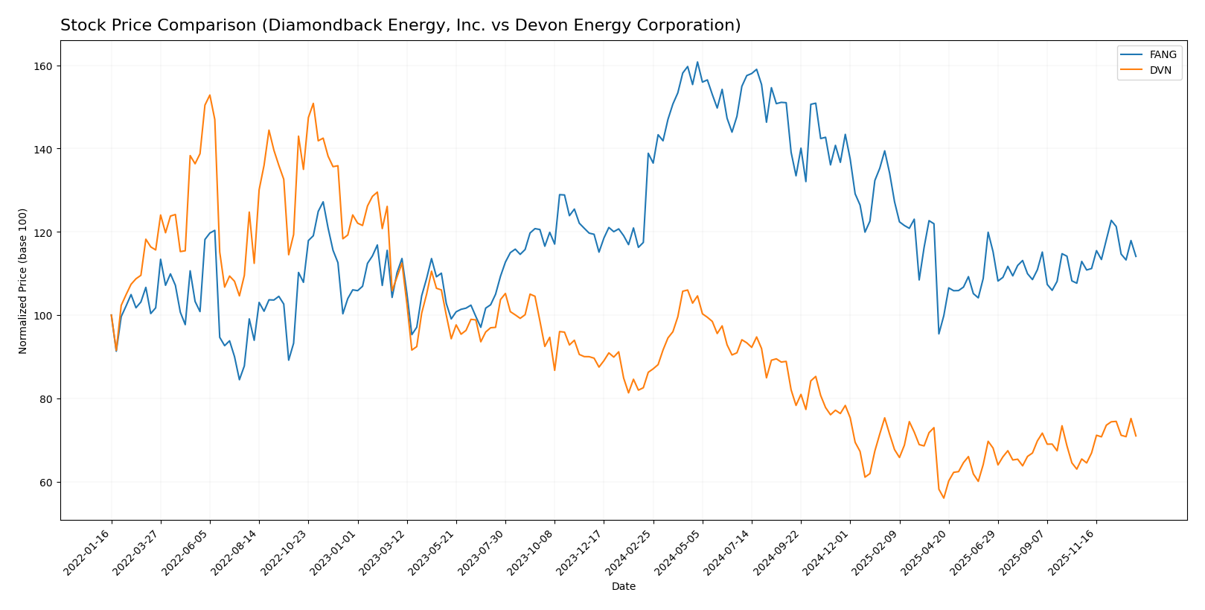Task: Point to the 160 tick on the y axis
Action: click(x=45, y=66)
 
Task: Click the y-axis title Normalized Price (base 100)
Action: click(x=23, y=281)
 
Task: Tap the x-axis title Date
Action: click(x=624, y=587)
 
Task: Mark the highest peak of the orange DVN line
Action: click(x=209, y=95)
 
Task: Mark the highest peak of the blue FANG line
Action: click(x=697, y=62)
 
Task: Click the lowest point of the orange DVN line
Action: click(x=944, y=498)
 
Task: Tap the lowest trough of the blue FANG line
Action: click(x=239, y=380)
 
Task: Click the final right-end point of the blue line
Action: click(x=1136, y=256)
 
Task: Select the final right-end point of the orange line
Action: click(x=1136, y=436)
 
